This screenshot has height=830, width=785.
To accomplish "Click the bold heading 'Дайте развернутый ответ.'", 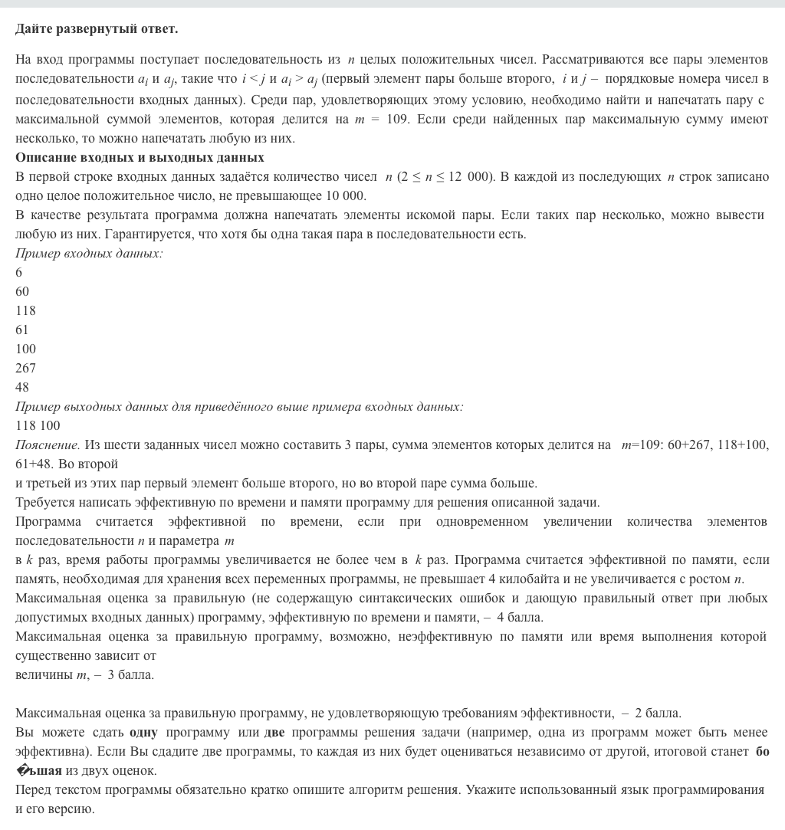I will [x=97, y=29].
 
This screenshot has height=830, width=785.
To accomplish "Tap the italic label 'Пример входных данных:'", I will [x=89, y=253].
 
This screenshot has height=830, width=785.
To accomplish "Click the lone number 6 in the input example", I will [x=19, y=272].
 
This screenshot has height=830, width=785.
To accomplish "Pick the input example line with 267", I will [x=25, y=368].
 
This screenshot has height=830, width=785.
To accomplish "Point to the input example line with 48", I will [x=22, y=387].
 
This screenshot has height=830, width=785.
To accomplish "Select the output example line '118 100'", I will [x=38, y=425].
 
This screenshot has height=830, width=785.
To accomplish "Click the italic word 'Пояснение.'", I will [x=48, y=445].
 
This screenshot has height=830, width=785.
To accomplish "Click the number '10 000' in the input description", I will [x=347, y=195].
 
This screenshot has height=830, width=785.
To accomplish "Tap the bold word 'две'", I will [x=274, y=732].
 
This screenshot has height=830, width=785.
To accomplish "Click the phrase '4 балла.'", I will [x=520, y=617].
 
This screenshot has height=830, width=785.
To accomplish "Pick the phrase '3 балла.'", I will [x=131, y=674].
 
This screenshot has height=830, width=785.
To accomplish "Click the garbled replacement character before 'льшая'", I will [x=22, y=770].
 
